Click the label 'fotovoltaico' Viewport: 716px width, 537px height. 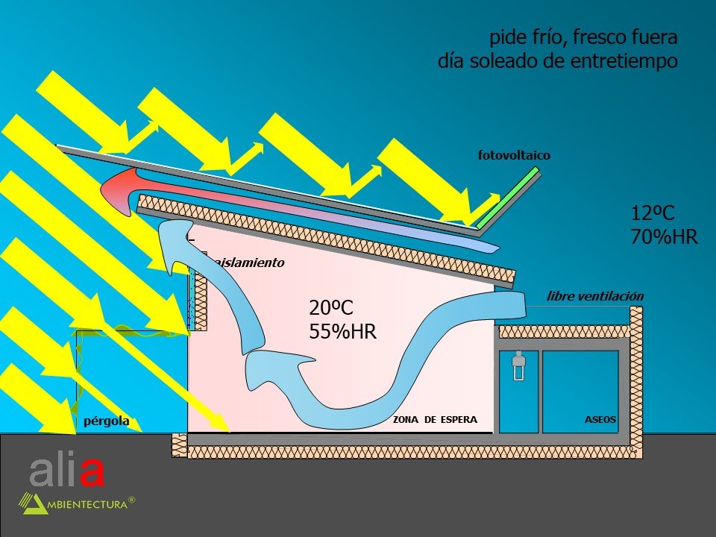(514, 155)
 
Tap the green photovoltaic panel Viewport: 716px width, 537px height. (508, 198)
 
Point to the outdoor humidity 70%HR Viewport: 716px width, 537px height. (664, 238)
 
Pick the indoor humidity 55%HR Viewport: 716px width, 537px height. (342, 332)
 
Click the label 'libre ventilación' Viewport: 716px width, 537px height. (594, 296)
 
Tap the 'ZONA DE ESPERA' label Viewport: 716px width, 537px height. (435, 420)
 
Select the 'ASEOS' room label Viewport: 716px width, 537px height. (600, 420)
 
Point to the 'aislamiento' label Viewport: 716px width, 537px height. (248, 263)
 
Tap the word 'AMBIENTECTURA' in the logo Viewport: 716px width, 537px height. (87, 504)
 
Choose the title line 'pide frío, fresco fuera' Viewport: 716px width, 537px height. (583, 37)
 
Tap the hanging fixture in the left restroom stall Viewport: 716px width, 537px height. (519, 366)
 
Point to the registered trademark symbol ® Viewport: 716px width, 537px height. (132, 500)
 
